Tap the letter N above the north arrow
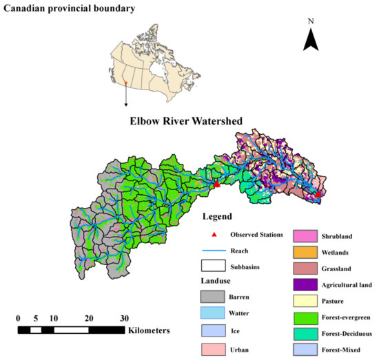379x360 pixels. [x=311, y=21]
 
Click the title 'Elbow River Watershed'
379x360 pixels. [x=187, y=121]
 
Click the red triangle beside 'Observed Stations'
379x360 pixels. [x=205, y=235]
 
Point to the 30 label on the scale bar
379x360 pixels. [x=124, y=319]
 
